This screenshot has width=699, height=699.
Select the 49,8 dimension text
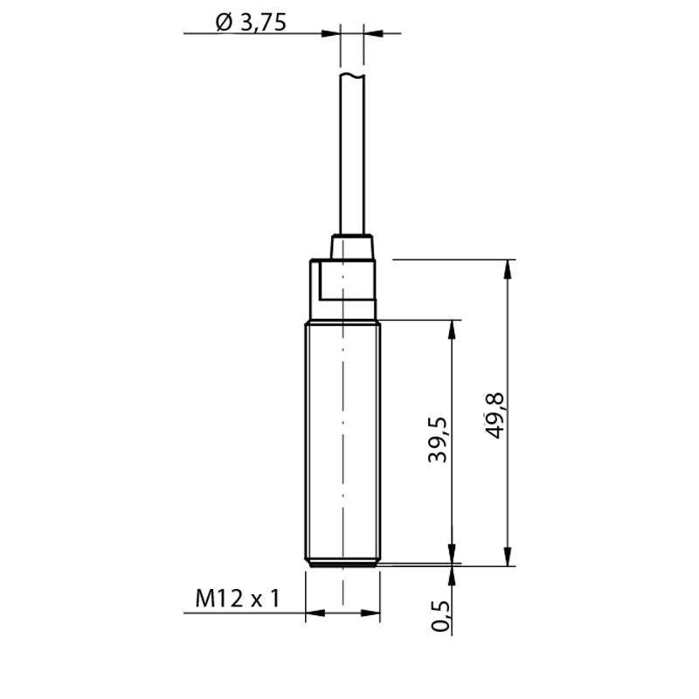point(495,415)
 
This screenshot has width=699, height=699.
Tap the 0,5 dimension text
point(440,615)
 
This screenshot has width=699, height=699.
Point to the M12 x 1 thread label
point(237,599)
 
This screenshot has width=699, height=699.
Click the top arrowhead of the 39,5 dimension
point(452,329)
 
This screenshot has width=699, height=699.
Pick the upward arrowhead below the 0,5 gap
point(452,575)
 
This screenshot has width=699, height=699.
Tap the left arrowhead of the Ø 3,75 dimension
point(329,34)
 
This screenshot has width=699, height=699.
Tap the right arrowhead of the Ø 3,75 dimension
point(373,34)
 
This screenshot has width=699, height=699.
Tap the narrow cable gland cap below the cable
point(352,246)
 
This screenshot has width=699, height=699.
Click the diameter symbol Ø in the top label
point(222,22)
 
